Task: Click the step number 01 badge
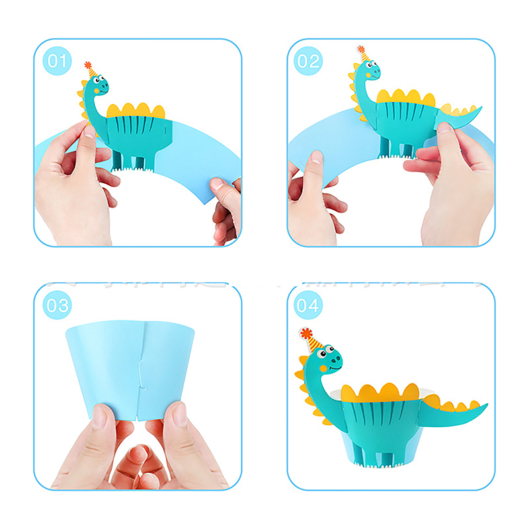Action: coord(57,61)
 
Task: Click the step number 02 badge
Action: coord(308,61)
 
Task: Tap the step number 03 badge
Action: coord(57,305)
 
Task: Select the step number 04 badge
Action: coord(308,305)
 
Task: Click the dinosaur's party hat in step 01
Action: coord(91,70)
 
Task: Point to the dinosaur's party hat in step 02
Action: coord(363,54)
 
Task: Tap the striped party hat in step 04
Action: coord(311,341)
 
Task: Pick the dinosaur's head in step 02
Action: coord(369,71)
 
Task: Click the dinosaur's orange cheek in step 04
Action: coord(323,368)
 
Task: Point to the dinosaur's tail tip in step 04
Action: coord(487,405)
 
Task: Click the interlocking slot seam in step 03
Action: coord(141,371)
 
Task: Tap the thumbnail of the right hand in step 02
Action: coord(444,127)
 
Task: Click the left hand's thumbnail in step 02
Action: coord(317,157)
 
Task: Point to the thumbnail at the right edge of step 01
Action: coord(216,183)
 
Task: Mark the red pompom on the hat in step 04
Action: coord(306,334)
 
